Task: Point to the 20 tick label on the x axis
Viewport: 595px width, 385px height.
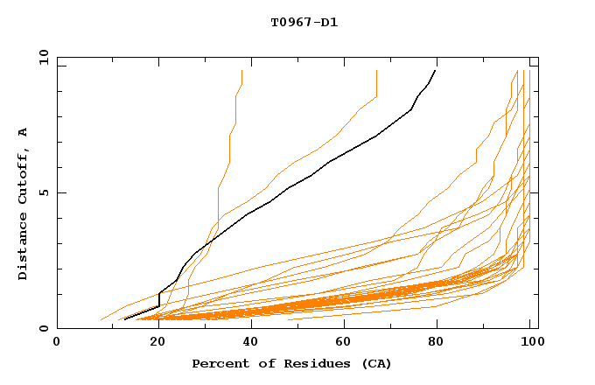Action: (152, 342)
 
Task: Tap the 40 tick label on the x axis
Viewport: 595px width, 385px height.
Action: (247, 342)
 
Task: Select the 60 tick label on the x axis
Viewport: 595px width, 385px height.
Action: (342, 342)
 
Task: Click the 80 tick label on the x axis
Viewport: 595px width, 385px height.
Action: (437, 342)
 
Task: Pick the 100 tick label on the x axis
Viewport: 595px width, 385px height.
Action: (528, 342)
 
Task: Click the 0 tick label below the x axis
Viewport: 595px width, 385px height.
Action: (57, 342)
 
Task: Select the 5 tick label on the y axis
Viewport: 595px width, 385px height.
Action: (43, 192)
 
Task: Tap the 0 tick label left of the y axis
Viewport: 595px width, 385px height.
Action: (43, 329)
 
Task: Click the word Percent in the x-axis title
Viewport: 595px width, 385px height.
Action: (216, 363)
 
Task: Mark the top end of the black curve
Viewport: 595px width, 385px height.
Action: (436, 71)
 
